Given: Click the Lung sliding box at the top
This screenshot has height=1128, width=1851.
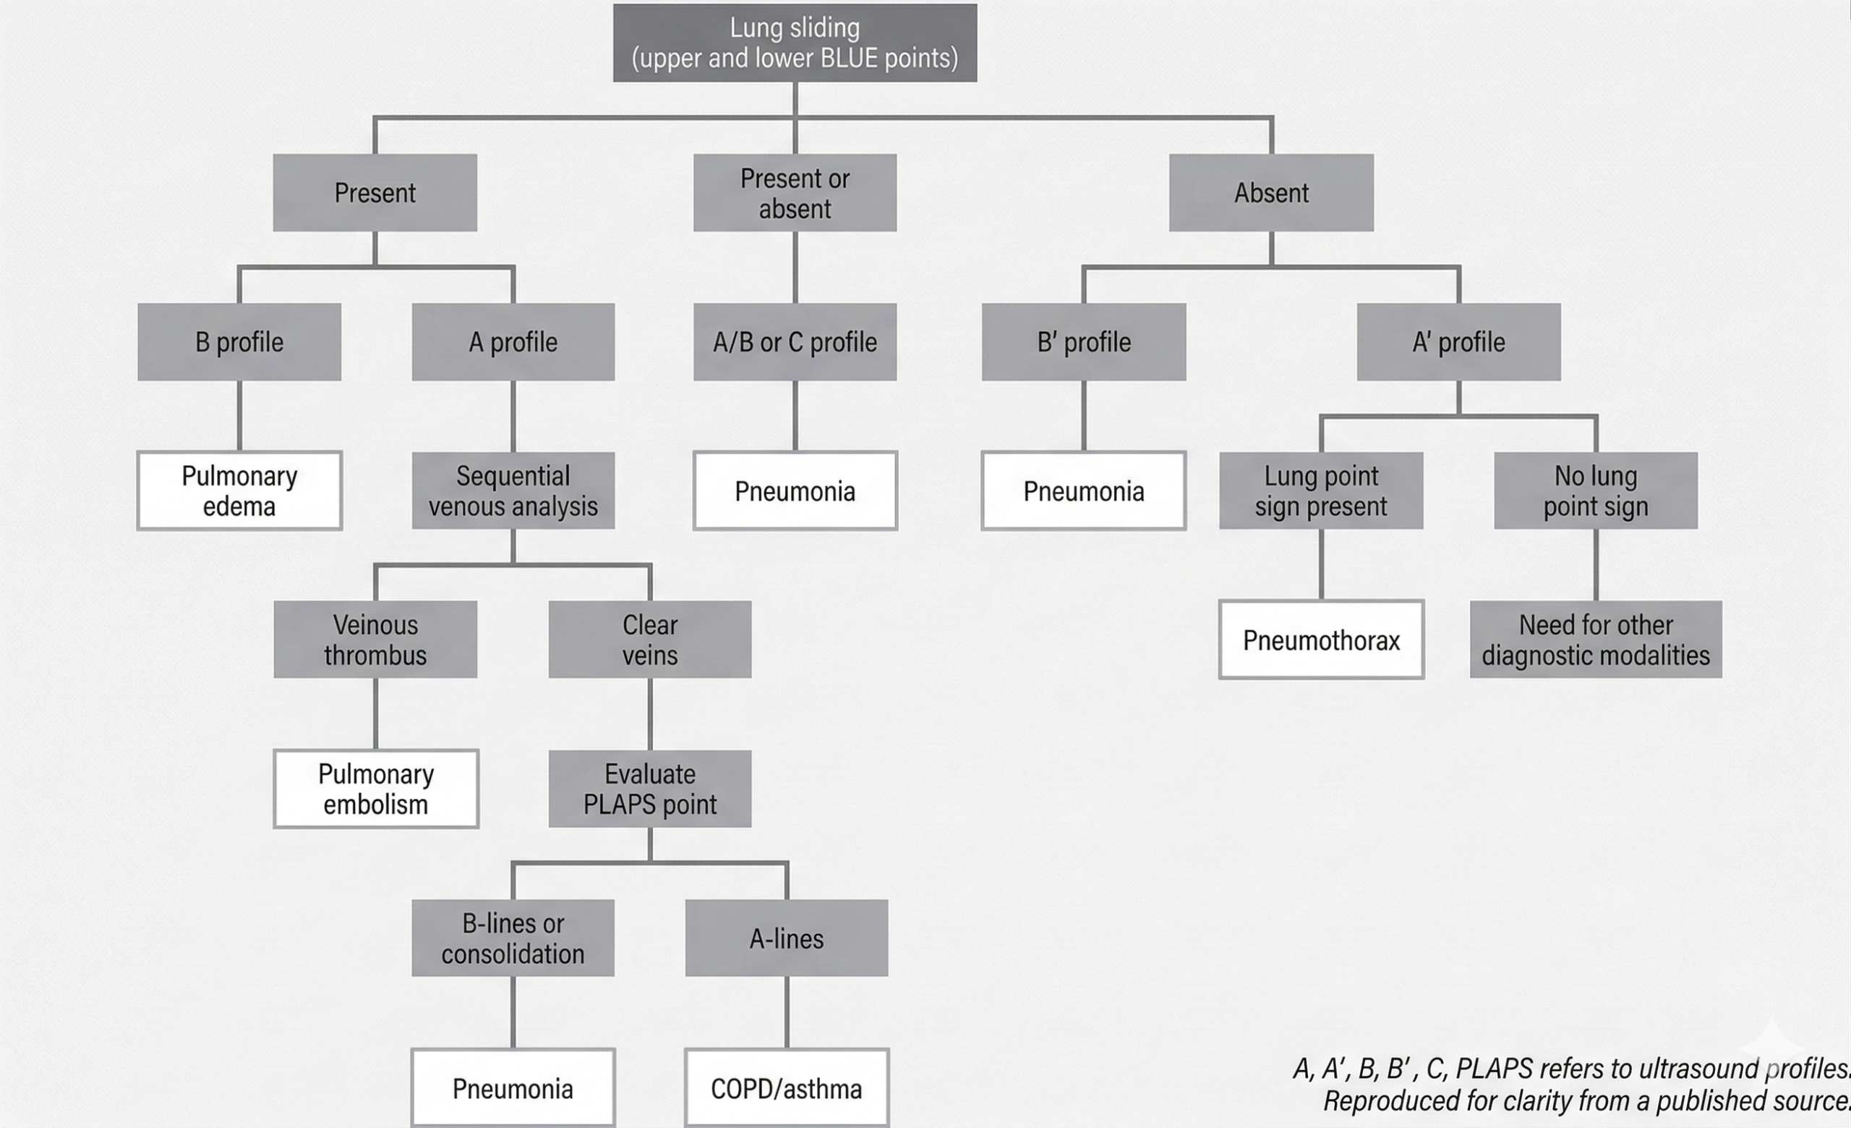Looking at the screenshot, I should [795, 43].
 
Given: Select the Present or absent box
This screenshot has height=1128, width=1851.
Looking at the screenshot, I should [795, 193].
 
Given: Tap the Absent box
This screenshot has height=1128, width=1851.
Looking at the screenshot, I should [1271, 193].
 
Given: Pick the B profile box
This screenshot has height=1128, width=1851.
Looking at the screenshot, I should [239, 342].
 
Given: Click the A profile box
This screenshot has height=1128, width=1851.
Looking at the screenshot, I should [513, 342].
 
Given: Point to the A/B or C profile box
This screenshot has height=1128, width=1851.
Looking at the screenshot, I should [795, 342].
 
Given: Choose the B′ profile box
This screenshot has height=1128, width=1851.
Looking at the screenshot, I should [1083, 342].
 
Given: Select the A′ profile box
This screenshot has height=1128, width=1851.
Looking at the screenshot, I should [1458, 342].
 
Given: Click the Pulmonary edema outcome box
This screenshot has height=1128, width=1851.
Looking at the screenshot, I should [239, 491].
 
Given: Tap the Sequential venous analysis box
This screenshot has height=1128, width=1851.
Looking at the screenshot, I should [513, 491].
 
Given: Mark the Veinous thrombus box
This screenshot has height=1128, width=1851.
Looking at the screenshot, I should [375, 640].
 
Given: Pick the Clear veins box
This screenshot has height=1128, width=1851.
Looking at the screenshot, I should [650, 640].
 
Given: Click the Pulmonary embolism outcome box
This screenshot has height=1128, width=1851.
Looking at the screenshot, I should [375, 789].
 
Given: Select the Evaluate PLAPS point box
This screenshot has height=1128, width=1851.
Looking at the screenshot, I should [650, 789].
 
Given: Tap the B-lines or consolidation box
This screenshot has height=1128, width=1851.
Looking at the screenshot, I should [513, 938].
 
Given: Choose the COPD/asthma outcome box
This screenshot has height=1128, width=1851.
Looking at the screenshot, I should [787, 1088].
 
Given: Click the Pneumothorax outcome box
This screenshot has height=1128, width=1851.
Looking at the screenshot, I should [1320, 640].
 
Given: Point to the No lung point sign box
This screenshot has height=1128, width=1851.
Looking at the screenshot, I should [1596, 491].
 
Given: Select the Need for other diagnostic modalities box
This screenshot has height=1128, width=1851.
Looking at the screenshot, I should [1596, 640].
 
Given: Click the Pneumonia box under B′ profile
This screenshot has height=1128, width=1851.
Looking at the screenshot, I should [1083, 491].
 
